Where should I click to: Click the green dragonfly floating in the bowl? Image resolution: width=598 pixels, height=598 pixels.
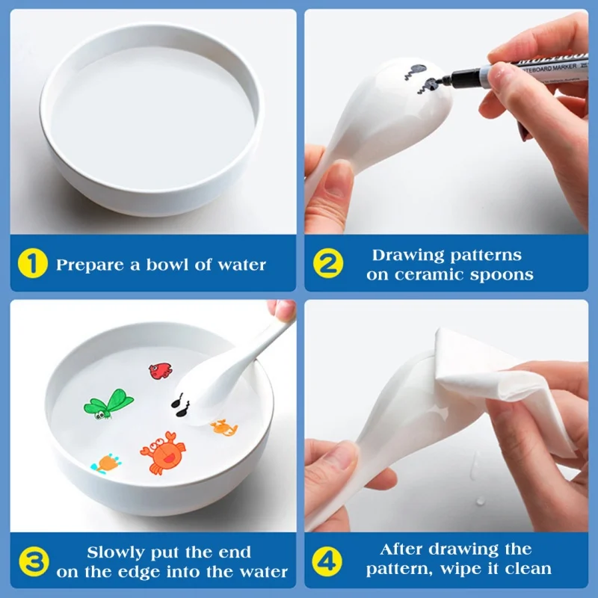pyautogui.click(x=108, y=404)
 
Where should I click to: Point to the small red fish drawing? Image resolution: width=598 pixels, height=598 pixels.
pyautogui.click(x=159, y=370)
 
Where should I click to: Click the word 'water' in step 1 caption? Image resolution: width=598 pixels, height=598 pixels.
pyautogui.click(x=241, y=265)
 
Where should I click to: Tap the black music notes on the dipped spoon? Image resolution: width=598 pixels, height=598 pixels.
pyautogui.click(x=181, y=404)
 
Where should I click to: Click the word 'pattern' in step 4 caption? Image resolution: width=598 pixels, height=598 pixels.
pyautogui.click(x=396, y=569)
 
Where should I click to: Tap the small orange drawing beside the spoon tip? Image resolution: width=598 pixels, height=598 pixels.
pyautogui.click(x=224, y=428)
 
